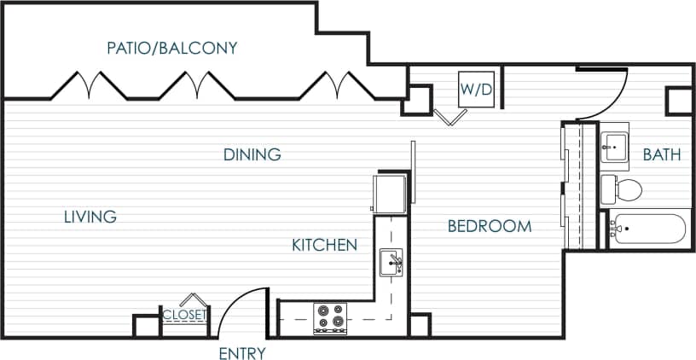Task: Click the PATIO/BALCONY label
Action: [x=171, y=48]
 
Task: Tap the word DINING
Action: [x=252, y=155]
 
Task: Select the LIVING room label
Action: [x=90, y=217]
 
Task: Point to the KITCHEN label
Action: [x=324, y=246]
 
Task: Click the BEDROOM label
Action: [x=490, y=226]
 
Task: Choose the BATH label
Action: [x=662, y=155]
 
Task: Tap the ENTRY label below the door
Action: [x=242, y=353]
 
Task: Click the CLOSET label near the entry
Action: [x=184, y=315]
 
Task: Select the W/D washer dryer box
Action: [x=476, y=89]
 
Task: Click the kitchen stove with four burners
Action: [x=330, y=318]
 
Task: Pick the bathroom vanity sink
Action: [x=613, y=146]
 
